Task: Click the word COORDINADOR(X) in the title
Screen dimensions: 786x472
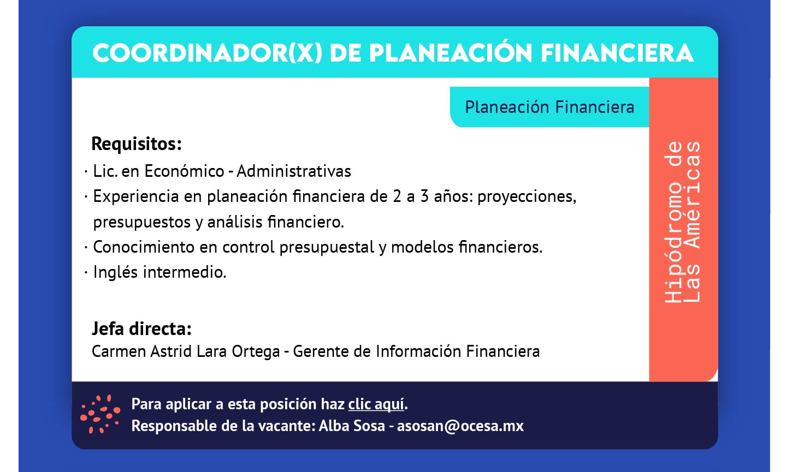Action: click(x=208, y=53)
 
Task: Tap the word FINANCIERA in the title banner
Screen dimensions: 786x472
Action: click(x=617, y=53)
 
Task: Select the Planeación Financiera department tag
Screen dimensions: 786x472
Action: click(x=549, y=107)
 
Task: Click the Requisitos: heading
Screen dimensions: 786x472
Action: click(x=137, y=144)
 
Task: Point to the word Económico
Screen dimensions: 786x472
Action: click(x=184, y=171)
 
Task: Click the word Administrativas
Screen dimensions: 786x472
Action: click(x=294, y=171)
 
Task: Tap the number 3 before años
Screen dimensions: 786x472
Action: click(x=424, y=196)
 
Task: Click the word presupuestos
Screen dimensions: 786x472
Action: click(x=142, y=222)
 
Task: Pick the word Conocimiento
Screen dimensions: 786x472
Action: click(x=144, y=247)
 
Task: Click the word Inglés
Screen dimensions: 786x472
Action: click(x=115, y=272)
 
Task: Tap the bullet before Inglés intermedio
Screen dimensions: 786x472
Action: click(x=86, y=272)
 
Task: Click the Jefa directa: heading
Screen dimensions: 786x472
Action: click(x=141, y=328)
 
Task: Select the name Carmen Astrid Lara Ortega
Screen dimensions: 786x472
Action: click(x=186, y=351)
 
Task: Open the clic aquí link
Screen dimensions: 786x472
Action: click(x=376, y=404)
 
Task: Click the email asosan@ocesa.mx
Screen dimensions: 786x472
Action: click(x=460, y=426)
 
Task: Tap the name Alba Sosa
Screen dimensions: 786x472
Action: click(x=352, y=426)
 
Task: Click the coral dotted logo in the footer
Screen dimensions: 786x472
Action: click(x=100, y=414)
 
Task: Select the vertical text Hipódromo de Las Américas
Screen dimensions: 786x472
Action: click(x=682, y=222)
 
